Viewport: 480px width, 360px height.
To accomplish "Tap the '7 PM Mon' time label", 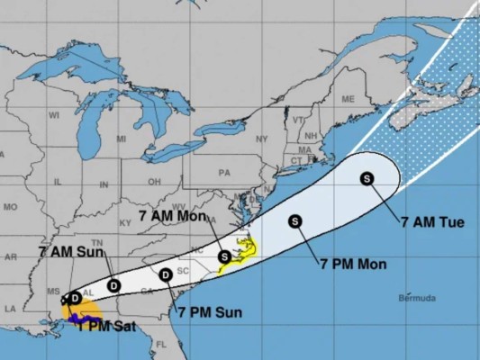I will (352, 265).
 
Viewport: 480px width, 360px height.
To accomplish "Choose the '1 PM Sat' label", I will (106, 327).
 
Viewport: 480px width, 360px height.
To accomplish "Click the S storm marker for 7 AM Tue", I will (367, 178).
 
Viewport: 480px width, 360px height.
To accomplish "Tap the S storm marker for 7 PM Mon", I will (294, 221).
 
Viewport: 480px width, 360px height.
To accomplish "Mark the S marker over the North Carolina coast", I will (224, 256).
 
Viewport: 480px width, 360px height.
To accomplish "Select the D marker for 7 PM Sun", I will (166, 274).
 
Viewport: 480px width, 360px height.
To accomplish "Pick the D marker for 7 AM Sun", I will (114, 284).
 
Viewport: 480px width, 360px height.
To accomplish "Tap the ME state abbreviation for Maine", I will (348, 98).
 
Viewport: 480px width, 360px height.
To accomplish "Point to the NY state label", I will (262, 139).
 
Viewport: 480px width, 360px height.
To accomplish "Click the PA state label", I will (224, 172).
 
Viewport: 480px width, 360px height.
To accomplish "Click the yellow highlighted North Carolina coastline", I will (240, 255).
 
